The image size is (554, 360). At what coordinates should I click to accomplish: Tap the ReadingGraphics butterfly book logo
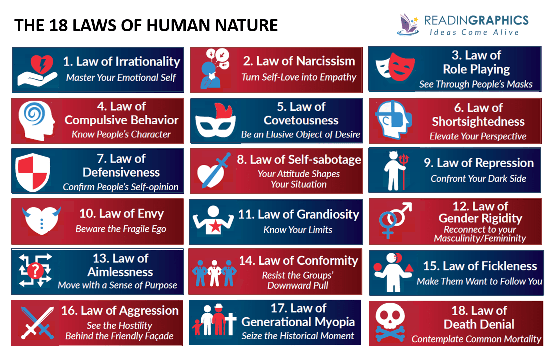409,23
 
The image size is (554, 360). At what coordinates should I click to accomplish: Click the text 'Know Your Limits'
298,230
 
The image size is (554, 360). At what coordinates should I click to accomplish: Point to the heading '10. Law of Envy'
121,214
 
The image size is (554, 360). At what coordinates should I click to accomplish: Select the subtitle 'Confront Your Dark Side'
478,178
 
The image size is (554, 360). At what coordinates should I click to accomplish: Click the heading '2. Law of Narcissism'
299,61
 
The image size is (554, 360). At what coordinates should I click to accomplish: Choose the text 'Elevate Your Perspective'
478,136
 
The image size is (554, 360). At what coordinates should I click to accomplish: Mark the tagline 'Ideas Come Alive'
474,32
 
